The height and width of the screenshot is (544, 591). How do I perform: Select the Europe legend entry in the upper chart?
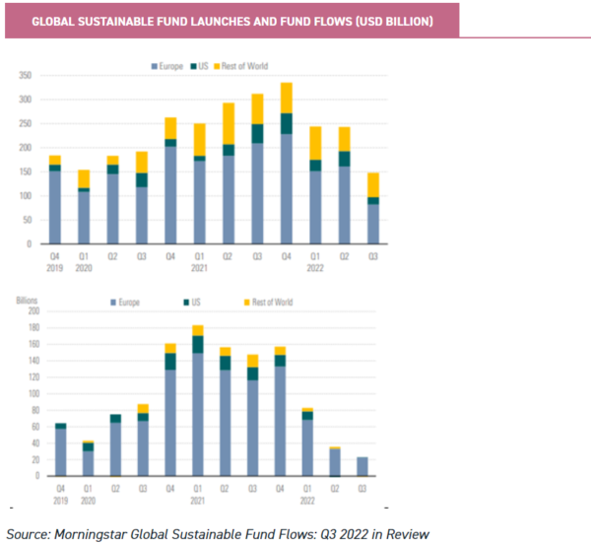[x=166, y=66]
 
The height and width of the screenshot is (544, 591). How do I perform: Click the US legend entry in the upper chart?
[x=201, y=66]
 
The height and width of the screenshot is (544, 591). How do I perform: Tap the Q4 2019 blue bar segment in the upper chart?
[x=55, y=207]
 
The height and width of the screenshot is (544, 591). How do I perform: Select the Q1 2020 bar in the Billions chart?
[x=88, y=457]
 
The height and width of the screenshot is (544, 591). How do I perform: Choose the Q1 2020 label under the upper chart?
[x=85, y=260]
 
